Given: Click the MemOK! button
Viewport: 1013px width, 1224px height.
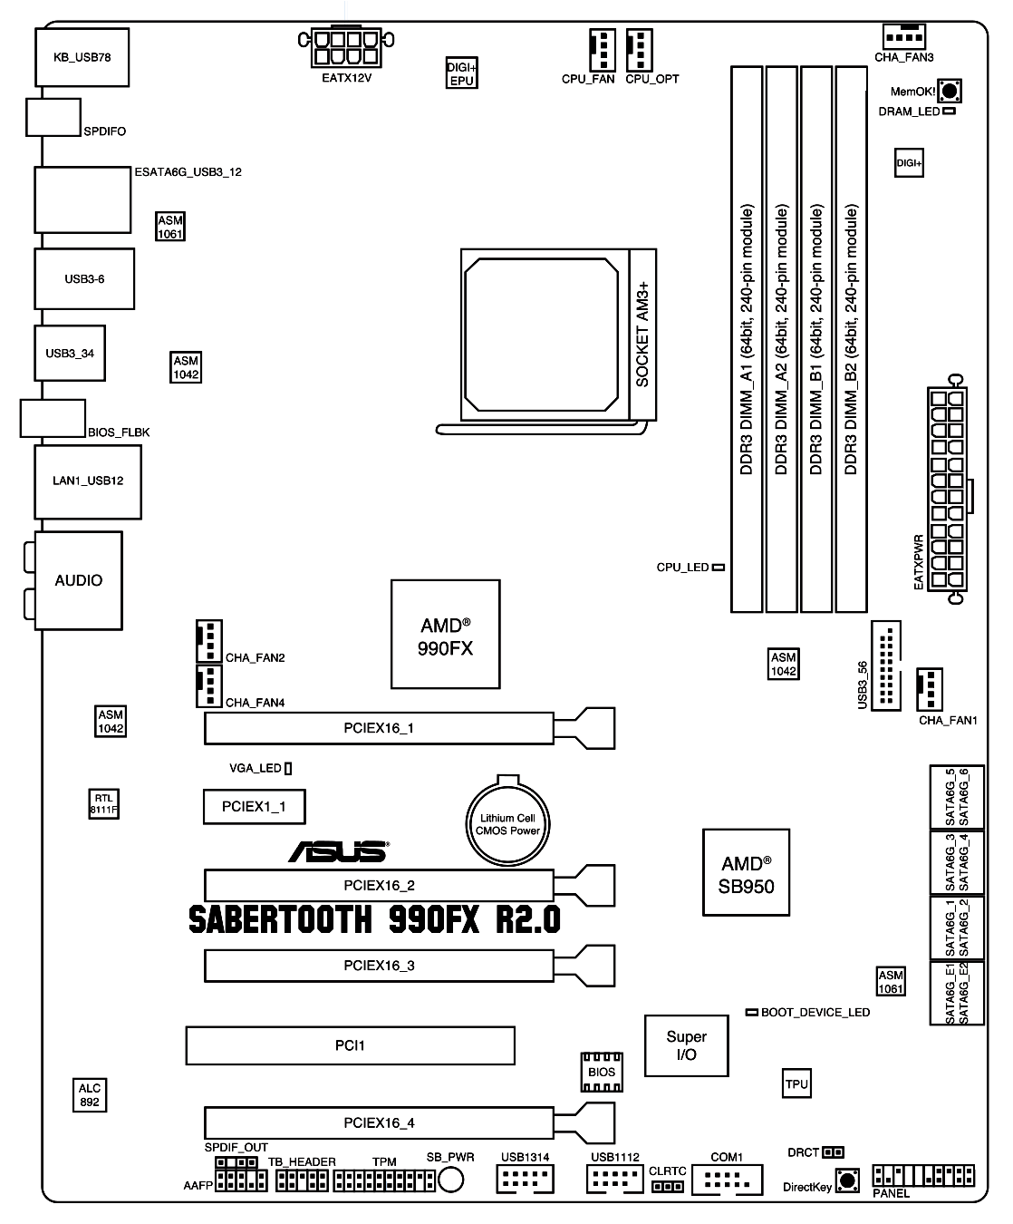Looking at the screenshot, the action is click(x=950, y=91).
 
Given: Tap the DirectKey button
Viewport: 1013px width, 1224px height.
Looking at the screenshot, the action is click(x=847, y=1180).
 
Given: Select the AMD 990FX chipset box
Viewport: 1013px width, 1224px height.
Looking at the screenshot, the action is click(x=445, y=635).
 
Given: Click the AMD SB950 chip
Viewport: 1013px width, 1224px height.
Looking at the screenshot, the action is click(x=746, y=872).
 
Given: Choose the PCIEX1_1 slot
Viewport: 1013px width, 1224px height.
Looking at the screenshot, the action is click(x=255, y=807).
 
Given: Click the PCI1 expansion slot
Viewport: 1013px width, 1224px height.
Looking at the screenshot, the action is click(x=351, y=1045).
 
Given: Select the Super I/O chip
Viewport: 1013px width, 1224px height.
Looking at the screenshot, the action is click(x=686, y=1045).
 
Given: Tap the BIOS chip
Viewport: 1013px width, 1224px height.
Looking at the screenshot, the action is click(x=602, y=1073).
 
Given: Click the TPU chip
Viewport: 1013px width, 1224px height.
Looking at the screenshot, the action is click(x=796, y=1083).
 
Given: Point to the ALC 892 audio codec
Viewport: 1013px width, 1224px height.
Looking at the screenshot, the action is click(x=90, y=1095).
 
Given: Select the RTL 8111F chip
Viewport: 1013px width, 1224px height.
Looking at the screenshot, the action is click(x=103, y=803).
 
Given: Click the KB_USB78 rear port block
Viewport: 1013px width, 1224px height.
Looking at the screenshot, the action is click(x=82, y=57).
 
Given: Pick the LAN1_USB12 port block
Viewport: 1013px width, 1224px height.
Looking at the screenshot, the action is click(x=88, y=481).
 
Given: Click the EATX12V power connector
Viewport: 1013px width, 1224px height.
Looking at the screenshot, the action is click(x=346, y=47).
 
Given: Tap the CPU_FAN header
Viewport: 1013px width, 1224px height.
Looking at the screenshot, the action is click(x=603, y=50).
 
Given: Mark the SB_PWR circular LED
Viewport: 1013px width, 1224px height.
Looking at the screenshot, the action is click(x=450, y=1180).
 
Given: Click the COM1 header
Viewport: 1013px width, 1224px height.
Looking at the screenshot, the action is click(x=727, y=1180).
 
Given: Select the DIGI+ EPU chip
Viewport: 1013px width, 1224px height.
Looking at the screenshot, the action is click(x=462, y=73).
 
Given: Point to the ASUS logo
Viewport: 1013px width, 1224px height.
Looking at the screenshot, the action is click(x=339, y=851).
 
